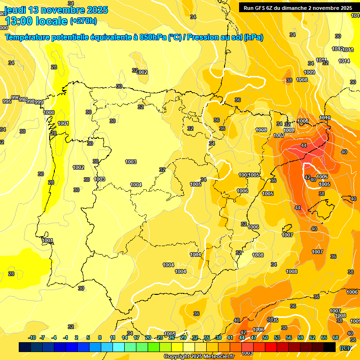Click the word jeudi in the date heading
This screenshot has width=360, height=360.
click(16, 10)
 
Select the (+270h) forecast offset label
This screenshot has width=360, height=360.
click(83, 21)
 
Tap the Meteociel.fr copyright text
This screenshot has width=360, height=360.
click(199, 356)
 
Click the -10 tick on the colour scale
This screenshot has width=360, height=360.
click(32, 337)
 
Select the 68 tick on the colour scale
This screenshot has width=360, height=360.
click(336, 337)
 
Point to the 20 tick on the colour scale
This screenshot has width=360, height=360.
click(148, 337)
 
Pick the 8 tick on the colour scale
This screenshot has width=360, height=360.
click(100, 337)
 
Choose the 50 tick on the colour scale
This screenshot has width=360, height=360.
click(265, 337)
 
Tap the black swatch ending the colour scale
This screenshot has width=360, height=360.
click(330, 347)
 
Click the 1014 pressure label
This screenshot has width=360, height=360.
click(344, 61)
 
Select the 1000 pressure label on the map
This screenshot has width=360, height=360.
click(49, 112)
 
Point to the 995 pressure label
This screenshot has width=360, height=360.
click(7, 101)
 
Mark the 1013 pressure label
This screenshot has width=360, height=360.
click(348, 50)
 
